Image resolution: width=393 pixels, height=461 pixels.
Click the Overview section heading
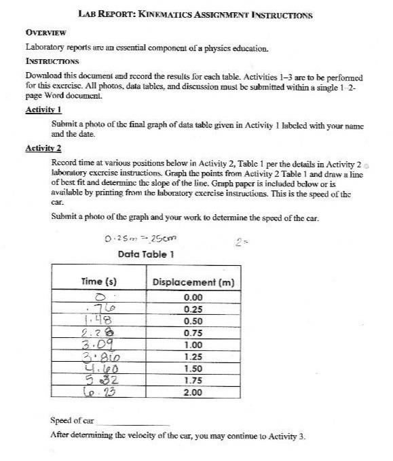(x=45, y=33)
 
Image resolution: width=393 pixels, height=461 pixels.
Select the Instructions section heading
(x=55, y=60)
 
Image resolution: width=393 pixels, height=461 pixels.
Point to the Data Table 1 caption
(x=147, y=254)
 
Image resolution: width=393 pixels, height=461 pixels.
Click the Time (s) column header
(x=99, y=281)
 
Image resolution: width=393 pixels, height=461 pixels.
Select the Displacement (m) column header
(x=193, y=281)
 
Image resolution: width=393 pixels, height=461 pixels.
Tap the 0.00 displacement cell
(x=193, y=298)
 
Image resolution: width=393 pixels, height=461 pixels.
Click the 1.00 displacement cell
(x=193, y=345)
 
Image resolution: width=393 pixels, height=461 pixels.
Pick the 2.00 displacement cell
(x=193, y=392)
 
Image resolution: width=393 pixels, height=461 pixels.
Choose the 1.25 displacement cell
(x=193, y=356)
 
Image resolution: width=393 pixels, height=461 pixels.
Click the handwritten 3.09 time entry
(x=98, y=345)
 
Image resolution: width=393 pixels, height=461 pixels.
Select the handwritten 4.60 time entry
(x=98, y=369)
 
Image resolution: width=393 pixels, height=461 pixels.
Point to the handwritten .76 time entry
(x=100, y=309)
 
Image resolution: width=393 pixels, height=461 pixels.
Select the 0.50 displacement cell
(x=193, y=321)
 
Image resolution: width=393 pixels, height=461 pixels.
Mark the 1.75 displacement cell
(x=193, y=380)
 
